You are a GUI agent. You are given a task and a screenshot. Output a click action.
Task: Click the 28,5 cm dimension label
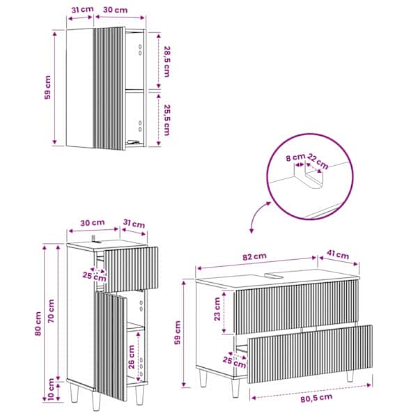click(167, 62)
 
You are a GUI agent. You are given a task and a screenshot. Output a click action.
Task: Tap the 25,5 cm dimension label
click(167, 120)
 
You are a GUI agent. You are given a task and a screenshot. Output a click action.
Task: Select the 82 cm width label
click(254, 256)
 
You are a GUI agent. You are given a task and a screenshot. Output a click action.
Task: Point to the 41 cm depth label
click(338, 254)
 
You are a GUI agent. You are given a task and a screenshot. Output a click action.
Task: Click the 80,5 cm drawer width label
click(316, 398)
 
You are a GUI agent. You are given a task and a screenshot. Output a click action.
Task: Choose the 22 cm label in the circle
click(318, 162)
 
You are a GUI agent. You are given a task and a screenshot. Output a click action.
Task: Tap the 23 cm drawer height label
click(217, 309)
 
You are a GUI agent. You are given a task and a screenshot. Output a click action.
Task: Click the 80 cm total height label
click(38, 324)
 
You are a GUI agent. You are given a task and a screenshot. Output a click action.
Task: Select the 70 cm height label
click(51, 311)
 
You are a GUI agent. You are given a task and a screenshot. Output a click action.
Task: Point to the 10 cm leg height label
click(51, 389)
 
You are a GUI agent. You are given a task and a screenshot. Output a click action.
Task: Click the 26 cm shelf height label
click(132, 357)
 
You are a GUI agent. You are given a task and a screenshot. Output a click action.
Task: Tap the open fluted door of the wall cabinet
click(109, 88)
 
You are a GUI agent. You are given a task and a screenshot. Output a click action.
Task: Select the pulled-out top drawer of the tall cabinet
click(131, 269)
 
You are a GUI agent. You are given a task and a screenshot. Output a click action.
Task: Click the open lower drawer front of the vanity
click(310, 354)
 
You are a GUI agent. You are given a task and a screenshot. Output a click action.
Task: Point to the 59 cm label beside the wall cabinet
click(47, 88)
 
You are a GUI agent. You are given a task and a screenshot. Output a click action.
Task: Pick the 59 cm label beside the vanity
click(178, 332)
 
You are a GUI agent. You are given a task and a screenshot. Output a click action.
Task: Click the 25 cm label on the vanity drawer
click(235, 362)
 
